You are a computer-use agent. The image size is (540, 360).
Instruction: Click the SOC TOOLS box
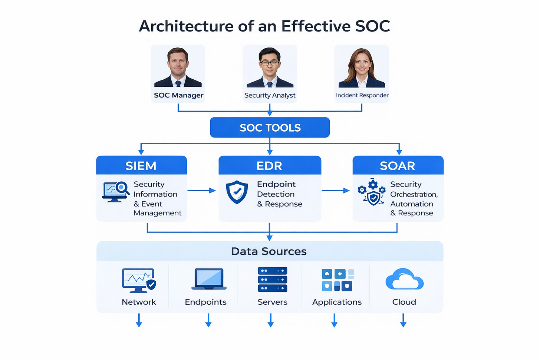click(270, 128)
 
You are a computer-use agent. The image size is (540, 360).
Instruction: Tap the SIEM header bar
click(141, 165)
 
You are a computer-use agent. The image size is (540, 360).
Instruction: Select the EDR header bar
click(270, 165)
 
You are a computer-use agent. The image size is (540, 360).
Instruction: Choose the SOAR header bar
click(398, 165)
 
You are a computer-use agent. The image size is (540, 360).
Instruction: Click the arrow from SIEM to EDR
click(202, 191)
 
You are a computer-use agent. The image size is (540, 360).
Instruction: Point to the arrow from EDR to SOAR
click(336, 191)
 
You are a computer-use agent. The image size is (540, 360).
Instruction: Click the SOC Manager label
click(178, 95)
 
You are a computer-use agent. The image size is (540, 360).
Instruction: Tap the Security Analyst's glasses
click(270, 63)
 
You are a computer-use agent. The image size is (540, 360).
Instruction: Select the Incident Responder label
click(362, 95)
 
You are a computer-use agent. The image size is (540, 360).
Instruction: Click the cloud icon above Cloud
click(404, 280)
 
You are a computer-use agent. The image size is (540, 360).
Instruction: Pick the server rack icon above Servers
click(272, 280)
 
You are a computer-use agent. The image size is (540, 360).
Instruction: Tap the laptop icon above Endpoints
click(209, 279)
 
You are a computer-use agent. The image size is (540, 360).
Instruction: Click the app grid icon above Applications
click(337, 280)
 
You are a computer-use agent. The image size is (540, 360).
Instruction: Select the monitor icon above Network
click(138, 280)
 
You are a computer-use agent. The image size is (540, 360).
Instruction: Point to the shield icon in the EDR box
click(237, 192)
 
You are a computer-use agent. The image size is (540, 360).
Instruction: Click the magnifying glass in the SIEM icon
click(121, 188)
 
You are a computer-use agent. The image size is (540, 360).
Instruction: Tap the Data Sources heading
click(269, 251)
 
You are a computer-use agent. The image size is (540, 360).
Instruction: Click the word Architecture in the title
click(189, 26)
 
